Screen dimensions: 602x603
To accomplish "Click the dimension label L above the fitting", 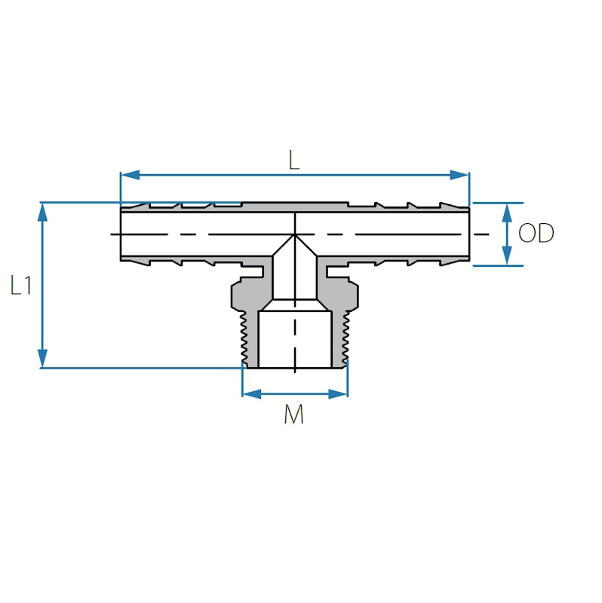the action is tap(294, 160).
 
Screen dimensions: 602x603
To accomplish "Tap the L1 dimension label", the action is tap(21, 286).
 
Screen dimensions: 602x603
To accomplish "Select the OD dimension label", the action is tap(536, 233).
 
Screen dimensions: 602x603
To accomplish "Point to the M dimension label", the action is tap(294, 414).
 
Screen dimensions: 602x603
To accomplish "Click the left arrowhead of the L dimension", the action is tap(130, 176).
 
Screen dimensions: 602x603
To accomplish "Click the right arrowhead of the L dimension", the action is tap(460, 176).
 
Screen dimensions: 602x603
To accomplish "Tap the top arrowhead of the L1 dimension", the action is tap(42, 212).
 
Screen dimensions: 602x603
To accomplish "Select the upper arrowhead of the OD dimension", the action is tap(507, 213).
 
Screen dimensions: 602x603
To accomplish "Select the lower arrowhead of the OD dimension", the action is tap(507, 256).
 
